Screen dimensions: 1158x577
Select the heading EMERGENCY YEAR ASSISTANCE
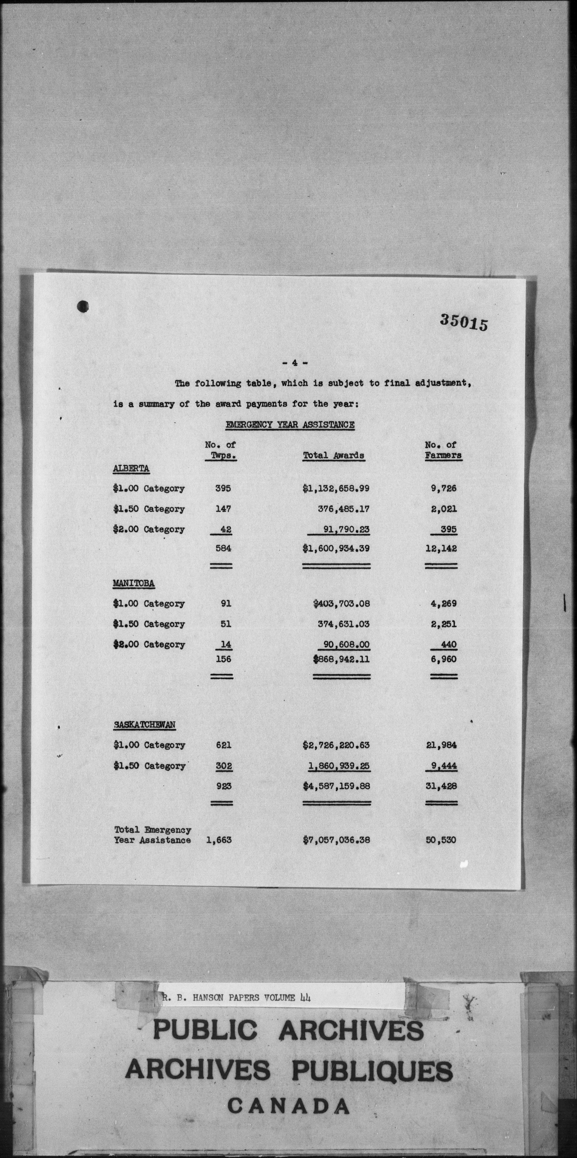(290, 424)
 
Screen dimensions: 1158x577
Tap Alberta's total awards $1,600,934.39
(336, 548)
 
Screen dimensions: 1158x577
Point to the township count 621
(223, 745)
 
